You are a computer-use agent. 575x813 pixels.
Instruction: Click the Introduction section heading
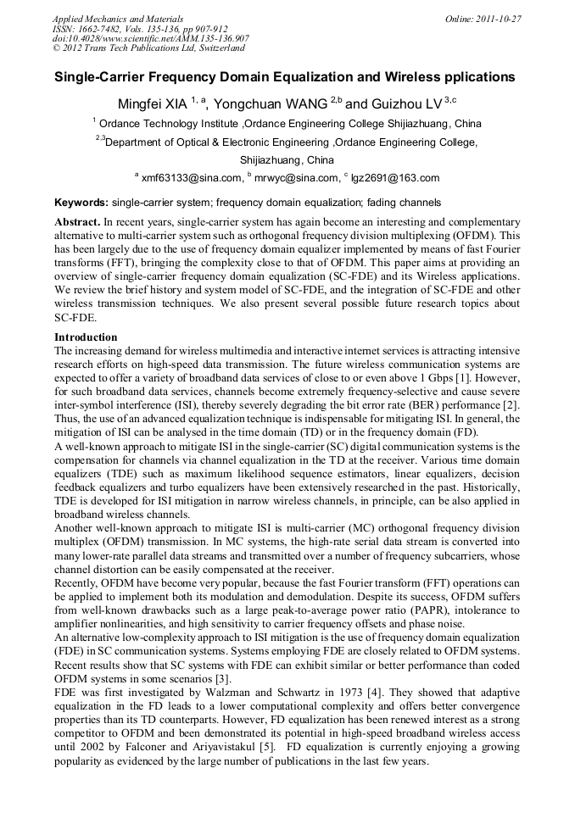(x=86, y=337)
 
